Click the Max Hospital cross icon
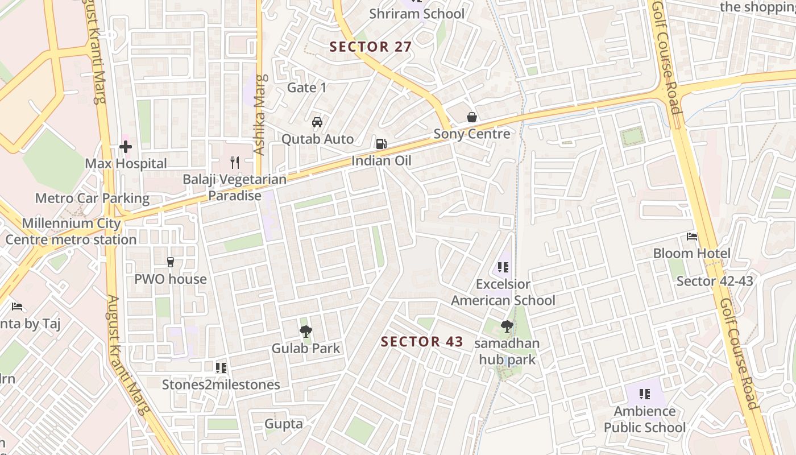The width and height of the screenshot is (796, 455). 126,147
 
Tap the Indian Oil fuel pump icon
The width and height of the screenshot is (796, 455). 381,143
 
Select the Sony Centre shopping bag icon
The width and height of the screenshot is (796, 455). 472,117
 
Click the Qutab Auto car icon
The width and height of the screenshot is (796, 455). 317,122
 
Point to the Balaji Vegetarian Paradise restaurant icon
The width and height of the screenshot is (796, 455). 234,163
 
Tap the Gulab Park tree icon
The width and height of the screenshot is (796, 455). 305,331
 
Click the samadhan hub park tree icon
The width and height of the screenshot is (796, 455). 507,326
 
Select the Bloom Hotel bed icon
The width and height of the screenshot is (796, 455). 691,237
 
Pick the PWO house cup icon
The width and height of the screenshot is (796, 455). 170,262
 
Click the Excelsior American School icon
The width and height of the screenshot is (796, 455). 503,267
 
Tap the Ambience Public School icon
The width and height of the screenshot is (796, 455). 644,394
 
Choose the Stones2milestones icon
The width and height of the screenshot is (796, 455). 221,368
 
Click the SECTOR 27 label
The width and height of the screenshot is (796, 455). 371,47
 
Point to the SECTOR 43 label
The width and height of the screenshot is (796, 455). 422,342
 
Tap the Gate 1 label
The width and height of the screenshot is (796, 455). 307,88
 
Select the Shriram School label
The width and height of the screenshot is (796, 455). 417,14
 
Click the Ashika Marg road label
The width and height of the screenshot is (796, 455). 260,115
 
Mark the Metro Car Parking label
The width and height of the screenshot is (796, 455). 92,198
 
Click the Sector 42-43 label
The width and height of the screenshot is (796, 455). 715,281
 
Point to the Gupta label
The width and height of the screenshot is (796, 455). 284,424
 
